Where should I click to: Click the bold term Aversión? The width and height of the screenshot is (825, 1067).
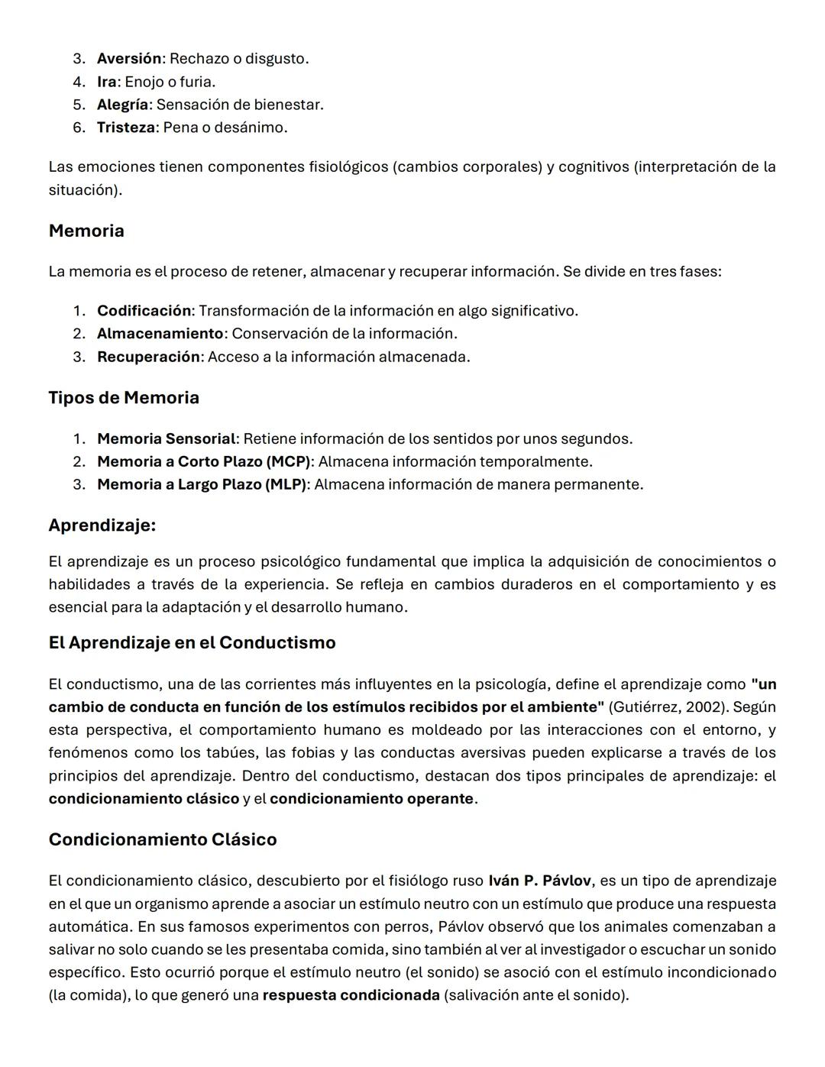129,59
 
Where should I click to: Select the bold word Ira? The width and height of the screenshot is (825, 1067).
106,82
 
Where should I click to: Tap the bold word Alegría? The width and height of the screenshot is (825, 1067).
122,105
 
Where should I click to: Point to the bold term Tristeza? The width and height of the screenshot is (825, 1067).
126,128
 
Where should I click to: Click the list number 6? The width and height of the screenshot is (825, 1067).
79,128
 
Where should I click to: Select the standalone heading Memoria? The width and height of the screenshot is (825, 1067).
86,231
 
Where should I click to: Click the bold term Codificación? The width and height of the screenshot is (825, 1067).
144,311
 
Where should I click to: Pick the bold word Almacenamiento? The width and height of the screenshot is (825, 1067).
160,334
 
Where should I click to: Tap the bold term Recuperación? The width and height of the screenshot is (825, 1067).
148,357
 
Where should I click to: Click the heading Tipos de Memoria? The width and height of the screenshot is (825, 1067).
124,398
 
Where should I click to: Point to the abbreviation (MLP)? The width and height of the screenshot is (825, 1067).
286,485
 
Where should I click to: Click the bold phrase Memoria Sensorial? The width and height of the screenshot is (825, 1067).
166,439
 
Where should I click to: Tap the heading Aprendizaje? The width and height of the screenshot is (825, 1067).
102,525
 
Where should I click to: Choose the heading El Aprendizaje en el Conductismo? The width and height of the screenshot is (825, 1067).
192,643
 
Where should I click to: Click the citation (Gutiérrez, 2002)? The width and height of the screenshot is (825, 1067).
666,707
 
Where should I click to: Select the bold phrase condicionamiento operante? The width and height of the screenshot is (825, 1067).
371,799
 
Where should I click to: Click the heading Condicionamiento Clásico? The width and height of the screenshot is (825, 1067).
163,839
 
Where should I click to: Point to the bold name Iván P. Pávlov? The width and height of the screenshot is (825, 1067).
539,881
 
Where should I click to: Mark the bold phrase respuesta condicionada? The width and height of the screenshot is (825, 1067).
351,995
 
